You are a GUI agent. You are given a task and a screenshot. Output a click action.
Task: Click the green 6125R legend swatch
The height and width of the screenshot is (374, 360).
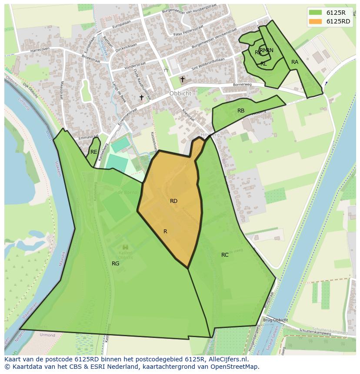pos(316,13)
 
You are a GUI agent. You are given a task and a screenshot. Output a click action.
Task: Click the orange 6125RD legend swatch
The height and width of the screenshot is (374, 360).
pos(316,21)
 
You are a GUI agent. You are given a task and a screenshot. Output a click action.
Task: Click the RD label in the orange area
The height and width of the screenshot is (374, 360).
pos(173,201)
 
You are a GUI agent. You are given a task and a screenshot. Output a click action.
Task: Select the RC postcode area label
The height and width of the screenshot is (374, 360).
pos(225,255)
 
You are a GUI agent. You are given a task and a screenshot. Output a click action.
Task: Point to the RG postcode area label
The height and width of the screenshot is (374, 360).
pos(115,264)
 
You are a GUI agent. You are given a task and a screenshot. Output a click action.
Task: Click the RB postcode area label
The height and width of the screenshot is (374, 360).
pos(241,111)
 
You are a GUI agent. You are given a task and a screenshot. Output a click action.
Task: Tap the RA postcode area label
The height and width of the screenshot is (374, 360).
pos(295,62)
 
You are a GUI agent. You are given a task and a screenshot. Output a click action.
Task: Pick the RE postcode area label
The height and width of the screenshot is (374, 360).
pos(93,152)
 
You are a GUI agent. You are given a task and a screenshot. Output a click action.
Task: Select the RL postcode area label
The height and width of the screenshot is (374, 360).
pos(263,64)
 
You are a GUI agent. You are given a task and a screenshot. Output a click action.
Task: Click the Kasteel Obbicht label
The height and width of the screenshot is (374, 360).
pos(125,255)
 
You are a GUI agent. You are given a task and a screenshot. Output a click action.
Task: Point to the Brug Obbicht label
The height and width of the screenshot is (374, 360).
pos(276,320)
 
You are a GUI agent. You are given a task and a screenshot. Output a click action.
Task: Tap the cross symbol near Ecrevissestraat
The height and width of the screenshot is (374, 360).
pos(141,98)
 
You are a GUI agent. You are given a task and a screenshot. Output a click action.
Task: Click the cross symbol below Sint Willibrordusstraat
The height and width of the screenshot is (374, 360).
pos(183,79)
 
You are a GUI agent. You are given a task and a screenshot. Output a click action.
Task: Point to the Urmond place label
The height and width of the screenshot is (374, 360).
pos(47,335)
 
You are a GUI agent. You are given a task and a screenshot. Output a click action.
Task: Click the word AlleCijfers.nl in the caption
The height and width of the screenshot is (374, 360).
pos(227,360)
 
